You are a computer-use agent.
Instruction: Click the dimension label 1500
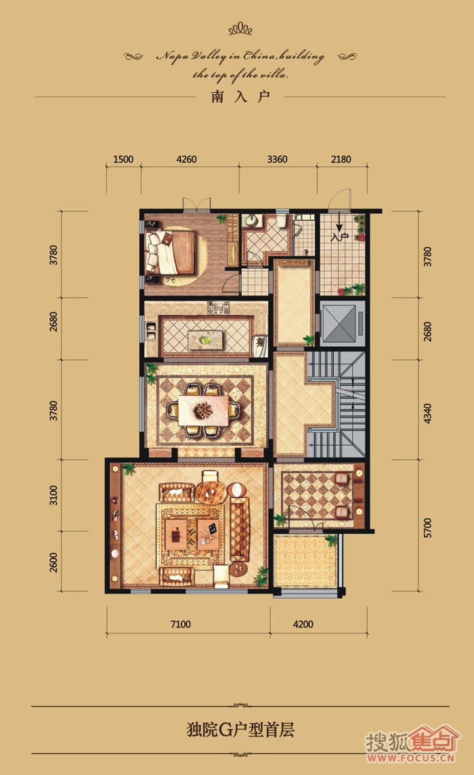click(x=123, y=159)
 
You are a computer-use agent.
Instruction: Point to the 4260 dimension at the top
click(x=186, y=159)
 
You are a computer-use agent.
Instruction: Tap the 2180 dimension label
click(x=341, y=159)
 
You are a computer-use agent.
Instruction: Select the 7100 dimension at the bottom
click(x=180, y=624)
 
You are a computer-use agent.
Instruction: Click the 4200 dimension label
click(x=303, y=624)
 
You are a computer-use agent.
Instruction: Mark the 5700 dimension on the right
click(x=427, y=528)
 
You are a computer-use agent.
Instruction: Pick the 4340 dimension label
click(x=427, y=414)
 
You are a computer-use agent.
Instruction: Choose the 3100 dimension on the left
click(x=53, y=495)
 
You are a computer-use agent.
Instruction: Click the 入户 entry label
click(x=339, y=237)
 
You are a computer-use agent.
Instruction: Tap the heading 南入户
click(x=240, y=96)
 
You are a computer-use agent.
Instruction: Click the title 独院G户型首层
click(x=240, y=730)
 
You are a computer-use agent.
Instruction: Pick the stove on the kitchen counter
click(x=219, y=308)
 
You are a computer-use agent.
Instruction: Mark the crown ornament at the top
click(x=240, y=29)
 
